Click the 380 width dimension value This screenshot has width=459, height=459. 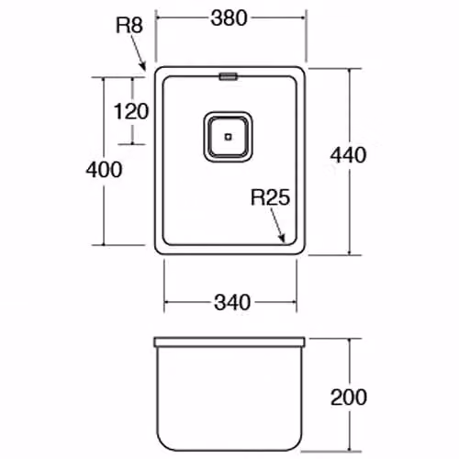point(229,18)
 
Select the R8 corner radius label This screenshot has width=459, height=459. point(129,25)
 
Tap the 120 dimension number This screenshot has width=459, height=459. point(131,111)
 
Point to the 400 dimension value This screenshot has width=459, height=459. point(104,170)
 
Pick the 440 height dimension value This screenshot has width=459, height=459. point(348,155)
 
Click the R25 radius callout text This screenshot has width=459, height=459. point(270,197)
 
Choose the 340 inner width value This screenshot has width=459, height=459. point(232,302)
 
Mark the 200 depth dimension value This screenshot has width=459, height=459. point(349,397)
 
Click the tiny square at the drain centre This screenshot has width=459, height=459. point(228,137)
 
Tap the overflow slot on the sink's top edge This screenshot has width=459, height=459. point(228,76)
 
